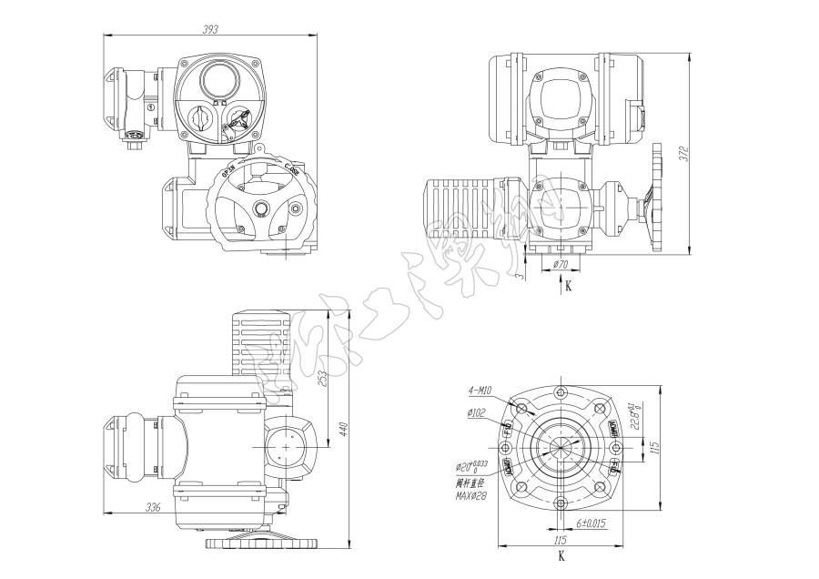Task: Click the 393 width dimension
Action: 210,29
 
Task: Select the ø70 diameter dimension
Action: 561,265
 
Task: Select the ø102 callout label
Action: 479,413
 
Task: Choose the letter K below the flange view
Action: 561,554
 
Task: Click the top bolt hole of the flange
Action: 561,392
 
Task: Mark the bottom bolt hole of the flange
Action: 561,503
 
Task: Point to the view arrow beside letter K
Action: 561,278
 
